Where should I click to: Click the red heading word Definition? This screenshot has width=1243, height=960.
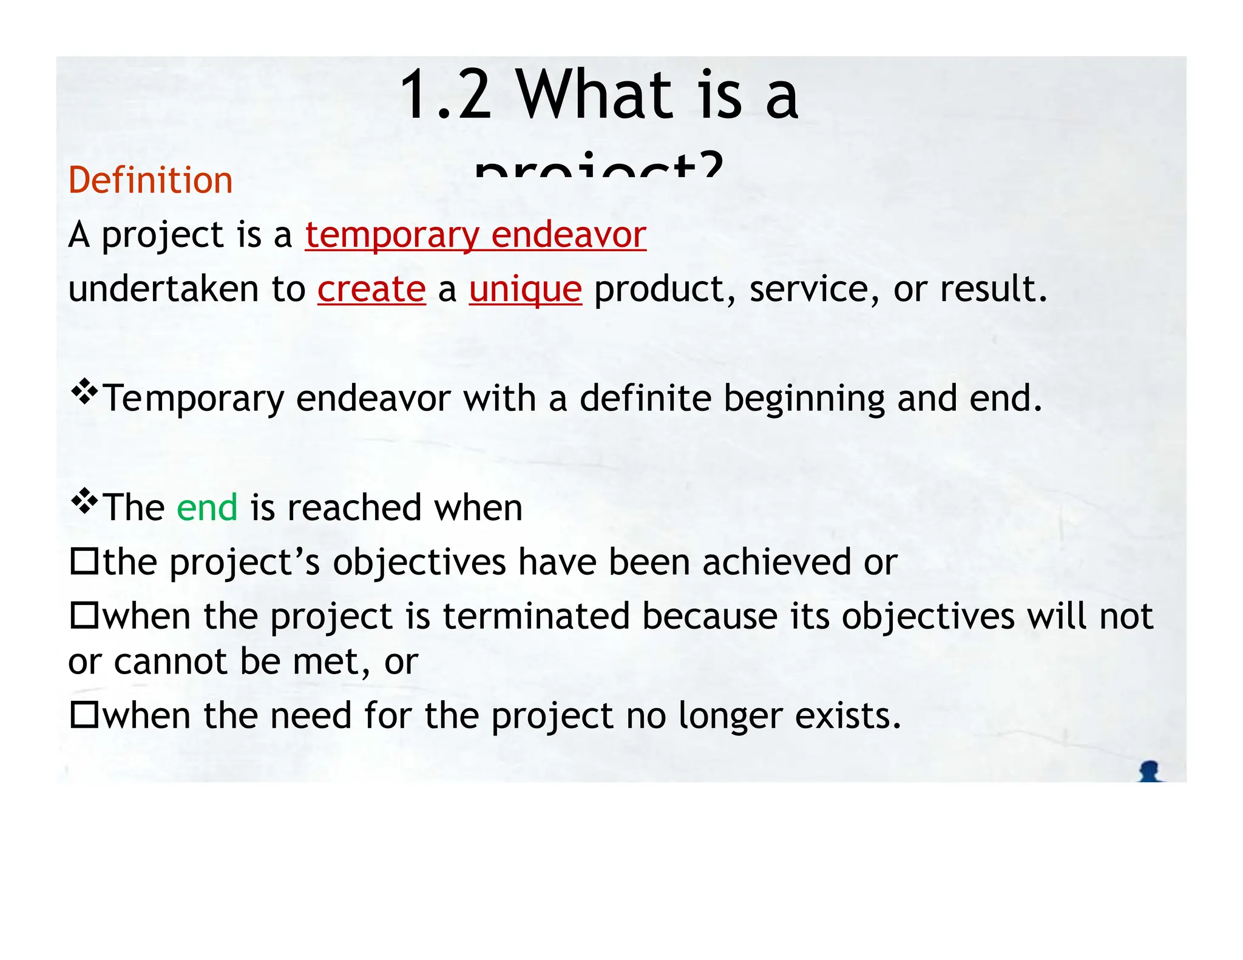151,180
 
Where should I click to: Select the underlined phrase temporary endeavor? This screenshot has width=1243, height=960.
475,235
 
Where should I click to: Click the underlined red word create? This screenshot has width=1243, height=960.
371,289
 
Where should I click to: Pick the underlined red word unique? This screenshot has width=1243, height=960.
525,289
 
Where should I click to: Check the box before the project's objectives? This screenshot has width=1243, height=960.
84,561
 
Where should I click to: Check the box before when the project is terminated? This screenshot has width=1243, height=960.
84,615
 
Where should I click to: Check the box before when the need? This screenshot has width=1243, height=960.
84,714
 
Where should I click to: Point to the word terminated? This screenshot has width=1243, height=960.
536,617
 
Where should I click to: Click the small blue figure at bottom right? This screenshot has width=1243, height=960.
1149,771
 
